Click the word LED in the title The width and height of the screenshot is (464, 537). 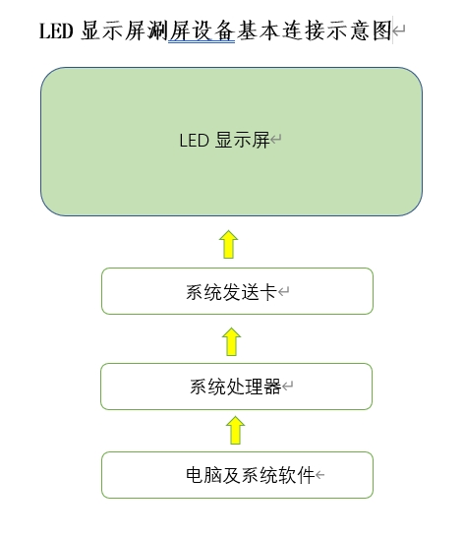pos(56,30)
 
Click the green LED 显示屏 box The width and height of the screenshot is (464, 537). pos(231,142)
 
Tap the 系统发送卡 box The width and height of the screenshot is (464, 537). pos(237,291)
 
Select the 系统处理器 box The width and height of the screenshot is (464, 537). pos(236,387)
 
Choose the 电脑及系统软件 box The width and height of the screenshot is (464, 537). pos(237,475)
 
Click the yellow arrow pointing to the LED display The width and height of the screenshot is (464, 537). pos(228,244)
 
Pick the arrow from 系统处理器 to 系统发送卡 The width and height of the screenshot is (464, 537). pos(231,341)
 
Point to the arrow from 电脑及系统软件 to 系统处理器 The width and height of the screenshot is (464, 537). pos(235,430)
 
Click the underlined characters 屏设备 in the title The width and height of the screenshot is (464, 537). pos(202,31)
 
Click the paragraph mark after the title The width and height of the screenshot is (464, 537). pos(398,30)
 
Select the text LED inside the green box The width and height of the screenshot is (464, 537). pos(195,141)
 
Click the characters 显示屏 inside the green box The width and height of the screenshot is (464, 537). pos(243,141)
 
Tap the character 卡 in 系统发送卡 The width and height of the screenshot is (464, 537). pos(268,292)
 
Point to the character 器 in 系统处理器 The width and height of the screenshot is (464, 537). pos(272,387)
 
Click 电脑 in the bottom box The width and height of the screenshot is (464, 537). pos(203,475)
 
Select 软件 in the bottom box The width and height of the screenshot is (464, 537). pos(297,475)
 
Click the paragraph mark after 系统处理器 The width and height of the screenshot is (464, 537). pos(288,387)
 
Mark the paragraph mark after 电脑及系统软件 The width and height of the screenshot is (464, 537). pos(319,475)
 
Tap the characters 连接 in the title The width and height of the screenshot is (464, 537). pos(304,30)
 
